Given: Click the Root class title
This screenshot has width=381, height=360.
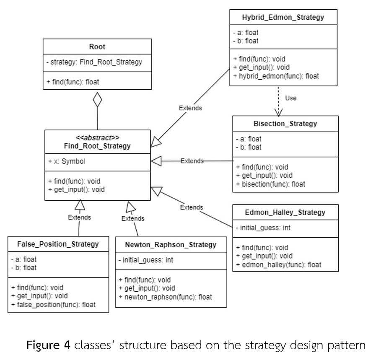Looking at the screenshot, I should click(x=97, y=47).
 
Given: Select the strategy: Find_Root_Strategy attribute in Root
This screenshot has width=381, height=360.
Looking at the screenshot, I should click(x=94, y=62).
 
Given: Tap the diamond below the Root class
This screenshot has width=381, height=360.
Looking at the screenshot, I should click(x=97, y=100).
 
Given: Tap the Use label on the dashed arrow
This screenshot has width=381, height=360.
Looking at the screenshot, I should click(x=290, y=98).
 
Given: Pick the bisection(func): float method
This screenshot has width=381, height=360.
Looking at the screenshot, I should click(x=271, y=184).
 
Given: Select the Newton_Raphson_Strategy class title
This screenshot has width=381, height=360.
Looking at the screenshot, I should click(x=171, y=244).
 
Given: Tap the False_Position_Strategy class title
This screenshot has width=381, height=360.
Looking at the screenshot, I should click(x=58, y=244).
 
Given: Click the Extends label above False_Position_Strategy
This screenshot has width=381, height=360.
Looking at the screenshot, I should click(x=80, y=217).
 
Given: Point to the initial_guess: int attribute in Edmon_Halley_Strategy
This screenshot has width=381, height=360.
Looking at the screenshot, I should click(x=264, y=228).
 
